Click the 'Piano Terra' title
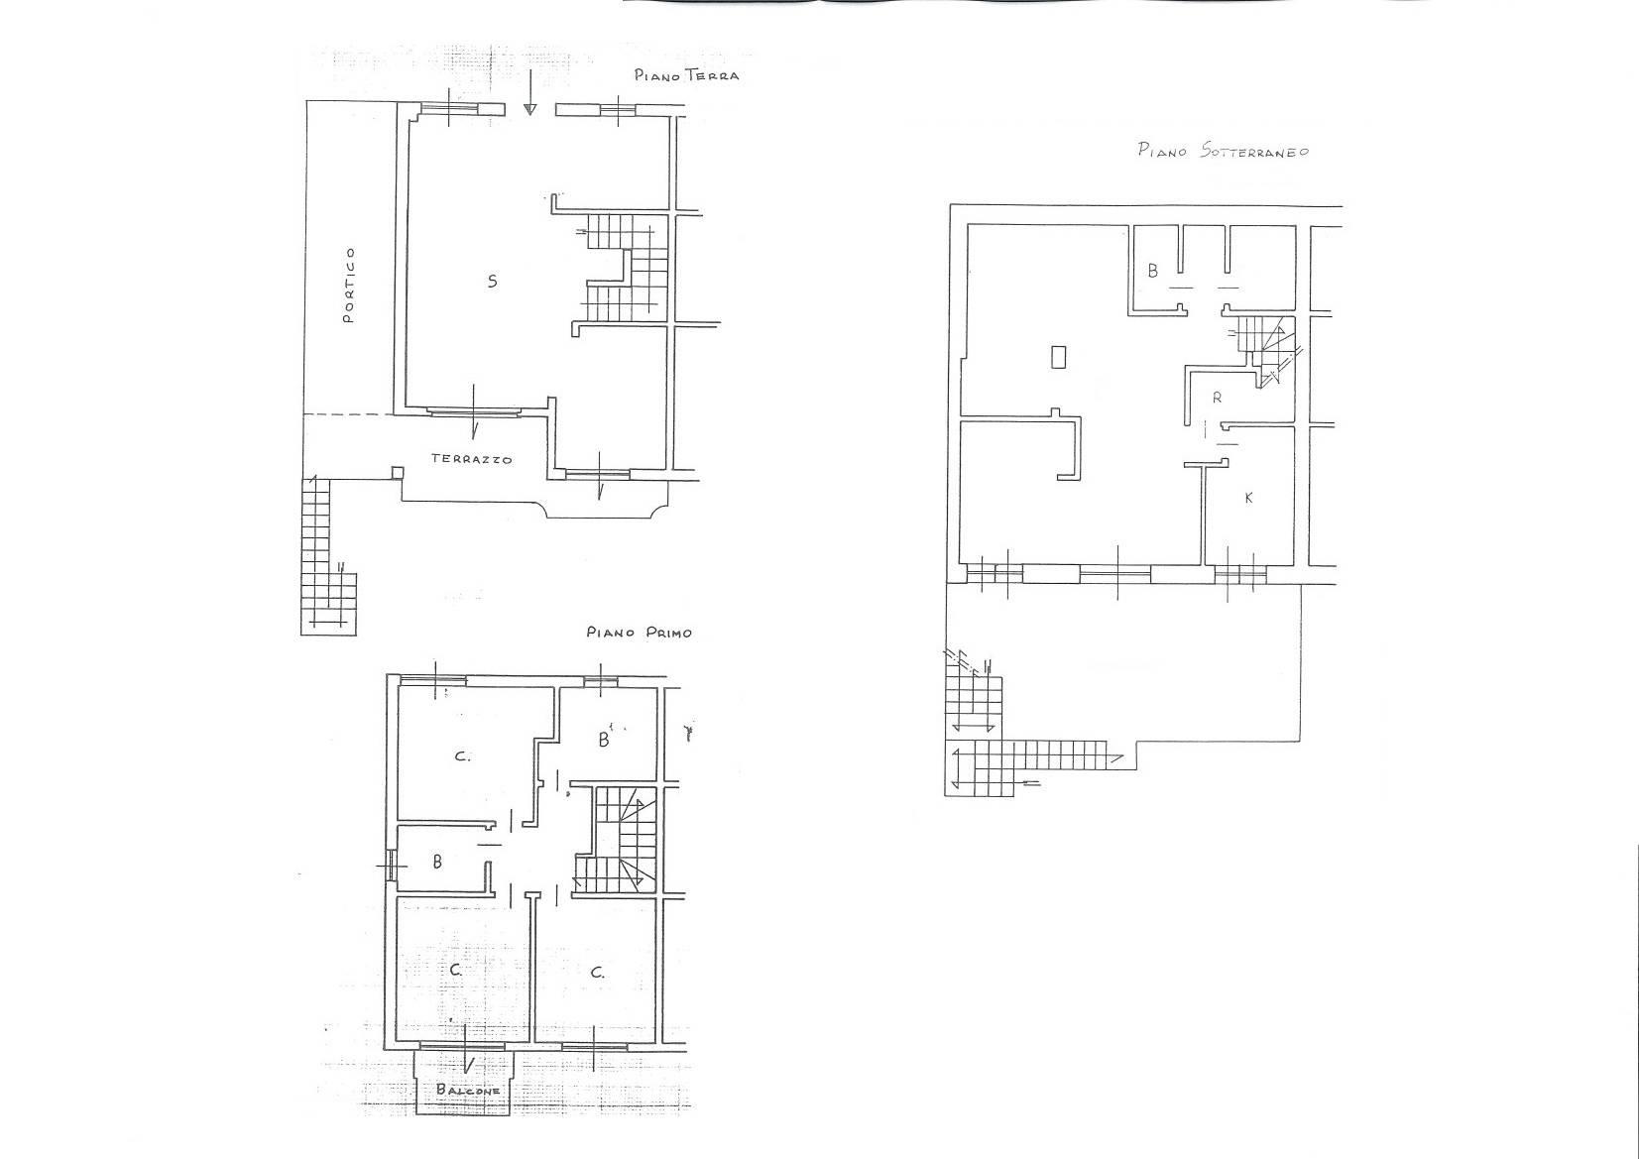tap(686, 75)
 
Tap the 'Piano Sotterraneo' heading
tap(1223, 152)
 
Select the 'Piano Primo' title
tap(639, 633)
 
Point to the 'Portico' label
tap(349, 286)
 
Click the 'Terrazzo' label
tap(471, 459)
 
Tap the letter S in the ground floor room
tap(493, 281)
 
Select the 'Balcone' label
tap(468, 1091)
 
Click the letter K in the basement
tap(1249, 498)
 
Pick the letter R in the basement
tap(1218, 398)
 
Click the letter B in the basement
tap(1153, 271)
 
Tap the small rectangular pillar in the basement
tap(1058, 357)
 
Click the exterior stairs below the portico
tap(327, 556)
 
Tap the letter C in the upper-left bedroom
tap(462, 756)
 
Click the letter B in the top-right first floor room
tap(604, 740)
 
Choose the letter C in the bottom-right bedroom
tap(598, 973)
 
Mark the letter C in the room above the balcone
tap(456, 971)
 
